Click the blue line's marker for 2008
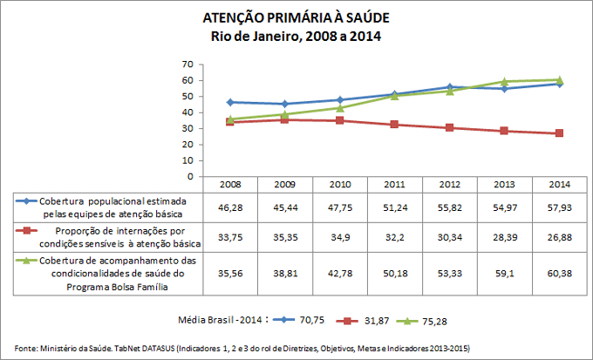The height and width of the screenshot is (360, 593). pos(230,102)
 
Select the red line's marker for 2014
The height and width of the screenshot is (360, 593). pos(558,133)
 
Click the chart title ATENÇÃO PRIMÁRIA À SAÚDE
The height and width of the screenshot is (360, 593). pos(296,18)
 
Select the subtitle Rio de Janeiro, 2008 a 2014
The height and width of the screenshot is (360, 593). pos(296,37)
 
